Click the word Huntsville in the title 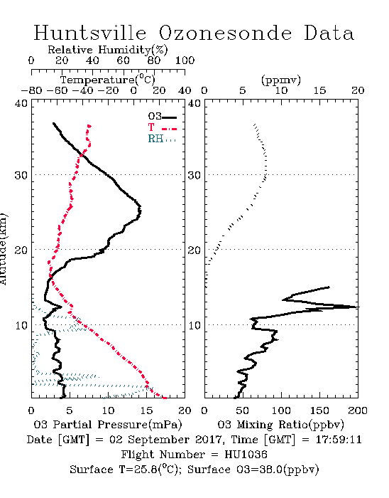90,33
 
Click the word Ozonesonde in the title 225,33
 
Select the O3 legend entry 162,116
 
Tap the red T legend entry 162,127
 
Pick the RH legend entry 162,139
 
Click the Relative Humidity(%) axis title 108,50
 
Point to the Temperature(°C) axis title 108,80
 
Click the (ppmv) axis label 281,80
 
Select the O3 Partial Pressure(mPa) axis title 108,425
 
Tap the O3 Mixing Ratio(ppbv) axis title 280,425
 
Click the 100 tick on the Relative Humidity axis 185,60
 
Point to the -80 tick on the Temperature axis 31,90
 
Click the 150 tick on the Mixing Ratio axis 319,410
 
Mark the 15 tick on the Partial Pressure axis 146,410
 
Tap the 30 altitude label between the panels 194,175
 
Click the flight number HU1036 246,455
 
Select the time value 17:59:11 339,440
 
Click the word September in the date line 150,440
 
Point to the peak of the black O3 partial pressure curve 140,211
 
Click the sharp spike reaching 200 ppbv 358,307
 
